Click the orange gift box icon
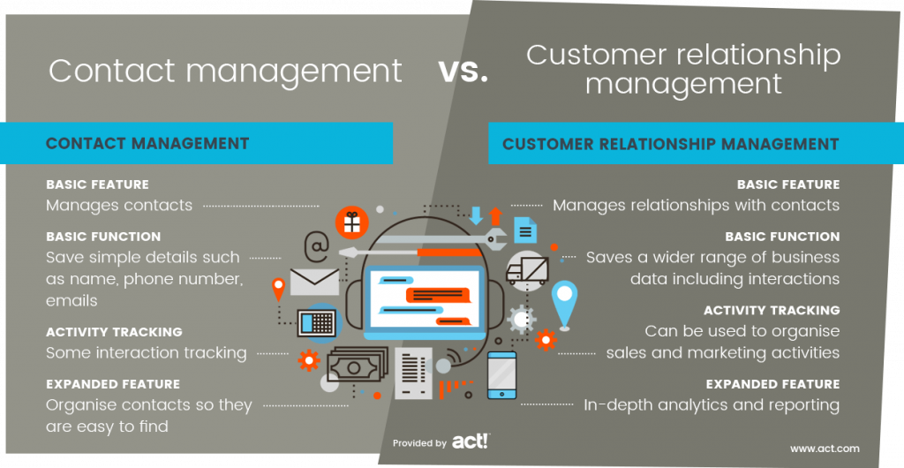[x=351, y=223]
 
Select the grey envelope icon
[x=314, y=282]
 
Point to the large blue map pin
[x=564, y=302]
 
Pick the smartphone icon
[x=501, y=375]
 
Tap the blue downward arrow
[x=476, y=215]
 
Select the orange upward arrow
[x=495, y=215]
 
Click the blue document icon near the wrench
[x=525, y=230]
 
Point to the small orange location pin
[x=278, y=289]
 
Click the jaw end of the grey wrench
[x=496, y=238]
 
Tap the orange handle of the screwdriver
[x=448, y=253]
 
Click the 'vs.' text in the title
[x=463, y=73]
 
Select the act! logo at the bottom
[x=471, y=442]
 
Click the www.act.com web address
[x=825, y=448]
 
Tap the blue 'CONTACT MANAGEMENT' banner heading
[x=147, y=143]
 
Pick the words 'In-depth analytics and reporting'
[x=712, y=405]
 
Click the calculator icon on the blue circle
[x=317, y=323]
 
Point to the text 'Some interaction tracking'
[x=147, y=352]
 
